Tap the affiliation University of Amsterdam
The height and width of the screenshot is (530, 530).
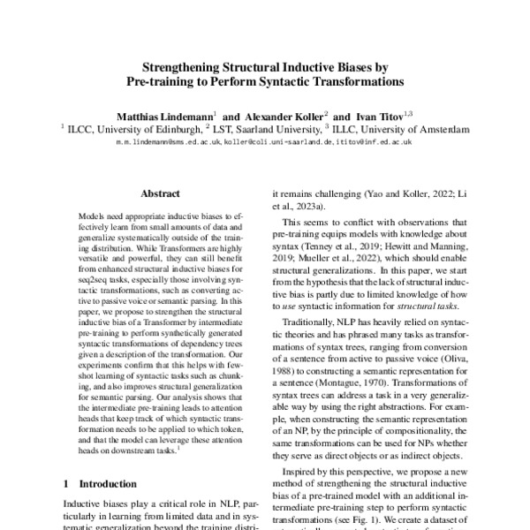tap(419, 128)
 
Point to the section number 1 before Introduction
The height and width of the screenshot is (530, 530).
tap(67, 485)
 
